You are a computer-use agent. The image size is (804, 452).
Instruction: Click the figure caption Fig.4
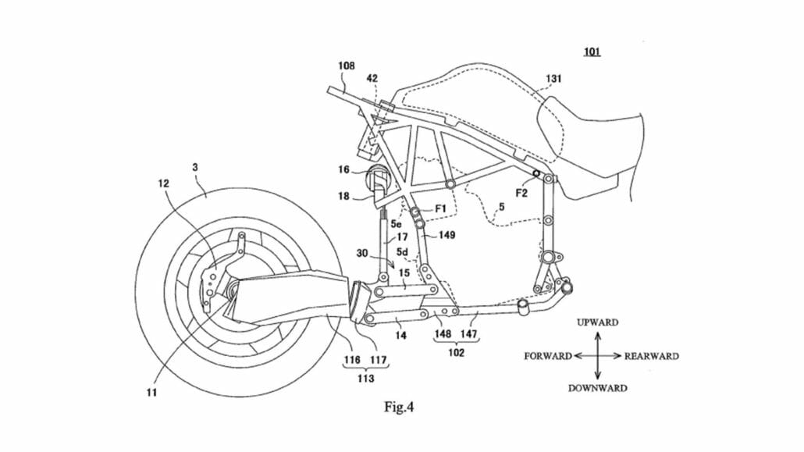399,407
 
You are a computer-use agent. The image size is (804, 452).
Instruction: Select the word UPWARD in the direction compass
597,322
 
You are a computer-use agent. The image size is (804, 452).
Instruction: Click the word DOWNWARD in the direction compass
597,388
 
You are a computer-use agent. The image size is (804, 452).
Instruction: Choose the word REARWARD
651,356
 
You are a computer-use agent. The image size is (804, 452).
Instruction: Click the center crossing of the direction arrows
597,356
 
